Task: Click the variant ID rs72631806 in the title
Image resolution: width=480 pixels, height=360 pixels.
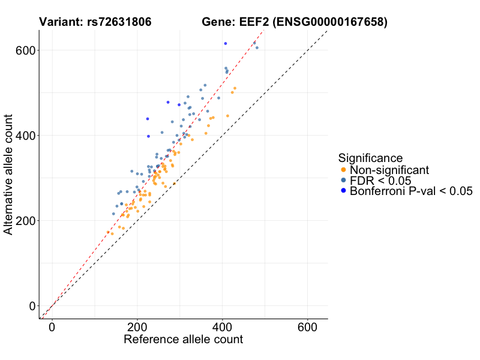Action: (116, 23)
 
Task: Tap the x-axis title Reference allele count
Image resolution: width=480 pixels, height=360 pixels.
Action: (183, 340)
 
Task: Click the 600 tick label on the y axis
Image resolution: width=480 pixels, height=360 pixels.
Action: (23, 50)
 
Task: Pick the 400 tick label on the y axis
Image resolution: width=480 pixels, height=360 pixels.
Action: (23, 136)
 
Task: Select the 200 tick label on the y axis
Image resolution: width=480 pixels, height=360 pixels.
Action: (23, 221)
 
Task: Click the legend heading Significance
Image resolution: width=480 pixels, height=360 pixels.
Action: (370, 158)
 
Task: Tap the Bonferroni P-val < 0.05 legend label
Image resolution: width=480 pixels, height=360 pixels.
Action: (411, 191)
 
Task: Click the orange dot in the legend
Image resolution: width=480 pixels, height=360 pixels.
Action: (343, 170)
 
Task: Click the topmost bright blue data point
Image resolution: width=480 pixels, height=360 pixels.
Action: (226, 43)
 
